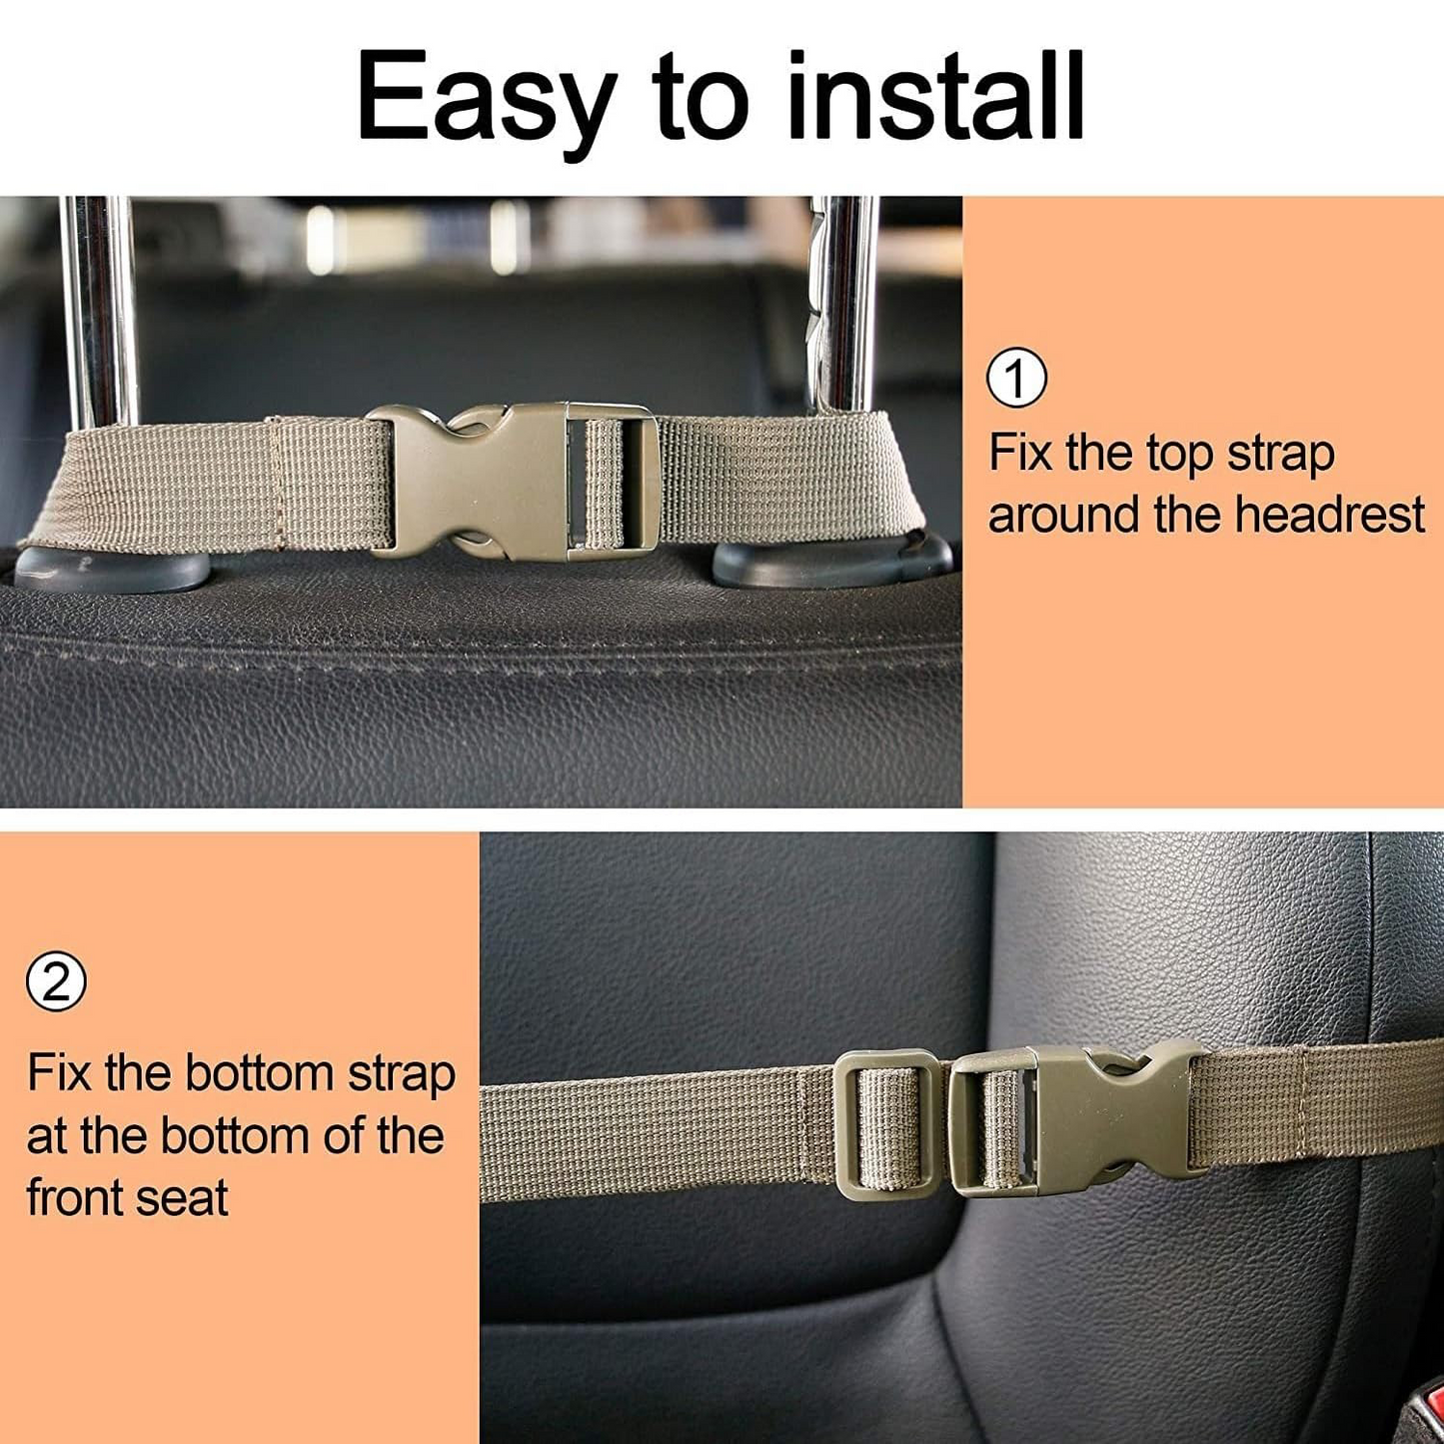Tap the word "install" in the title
[935, 96]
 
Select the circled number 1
[1016, 378]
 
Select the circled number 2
[56, 981]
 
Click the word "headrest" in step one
[1329, 516]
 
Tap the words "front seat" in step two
[127, 1197]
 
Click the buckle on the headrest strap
[512, 480]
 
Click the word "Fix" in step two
[59, 1073]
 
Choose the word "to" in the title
[700, 98]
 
